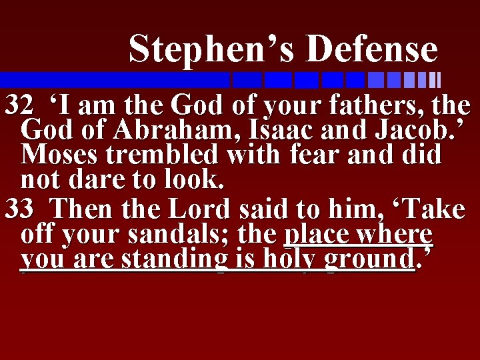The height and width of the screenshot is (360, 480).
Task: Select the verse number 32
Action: click(19, 105)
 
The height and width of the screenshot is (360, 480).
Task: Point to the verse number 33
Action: click(19, 209)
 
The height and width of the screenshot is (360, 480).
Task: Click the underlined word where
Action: click(396, 235)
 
